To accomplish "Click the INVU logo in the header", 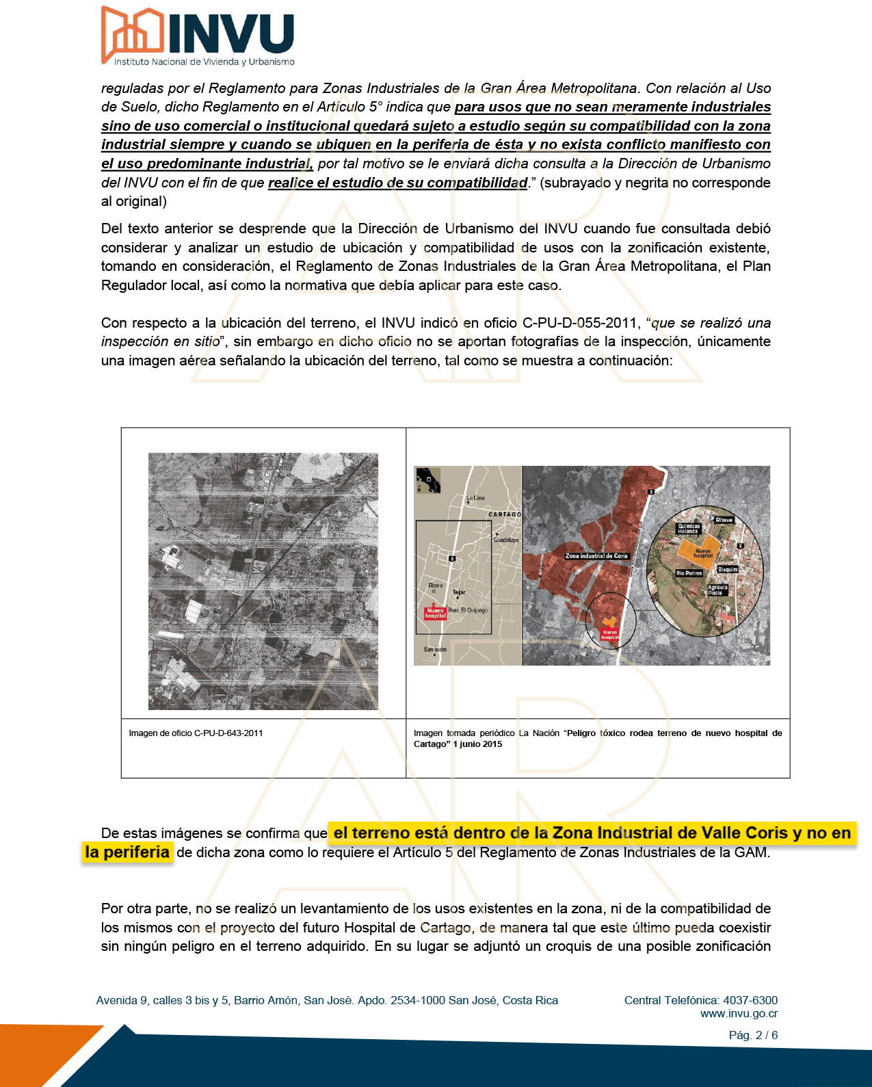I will (x=198, y=36).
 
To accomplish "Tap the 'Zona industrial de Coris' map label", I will (x=596, y=556).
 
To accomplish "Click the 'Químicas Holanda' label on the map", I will (x=688, y=529).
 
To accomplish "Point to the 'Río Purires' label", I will (x=689, y=573).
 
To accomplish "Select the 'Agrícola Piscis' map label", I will (x=717, y=590).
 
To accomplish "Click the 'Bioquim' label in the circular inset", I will (x=728, y=569).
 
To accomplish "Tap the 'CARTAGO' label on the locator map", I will (x=505, y=514).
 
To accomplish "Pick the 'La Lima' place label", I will (x=475, y=498).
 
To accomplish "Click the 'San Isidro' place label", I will (x=435, y=649).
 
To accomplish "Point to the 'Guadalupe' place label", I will (x=506, y=540).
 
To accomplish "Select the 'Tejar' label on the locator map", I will (x=459, y=592).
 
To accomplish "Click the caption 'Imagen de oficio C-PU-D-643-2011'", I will (x=196, y=733).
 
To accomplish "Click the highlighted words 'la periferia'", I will (x=127, y=852).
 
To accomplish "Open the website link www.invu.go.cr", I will (x=739, y=1014).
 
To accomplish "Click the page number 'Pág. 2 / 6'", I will (x=753, y=1035).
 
